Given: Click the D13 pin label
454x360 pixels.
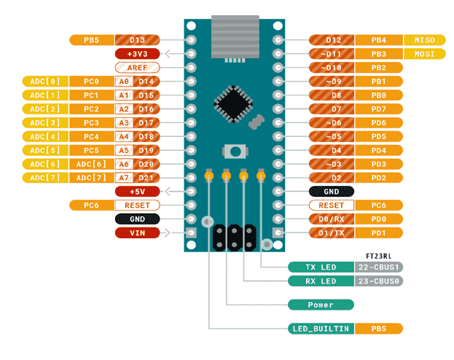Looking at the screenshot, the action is [x=137, y=40].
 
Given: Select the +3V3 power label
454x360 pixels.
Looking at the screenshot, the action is [x=137, y=54].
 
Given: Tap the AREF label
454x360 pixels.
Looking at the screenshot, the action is [x=137, y=68].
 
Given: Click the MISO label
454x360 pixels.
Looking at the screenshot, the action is [x=424, y=40].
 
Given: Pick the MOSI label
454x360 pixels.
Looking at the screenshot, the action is [x=424, y=54].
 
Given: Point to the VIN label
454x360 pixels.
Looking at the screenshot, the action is [x=137, y=233].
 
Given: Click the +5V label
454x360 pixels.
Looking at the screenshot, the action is [x=137, y=192].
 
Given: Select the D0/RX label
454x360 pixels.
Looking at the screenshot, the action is [x=332, y=219].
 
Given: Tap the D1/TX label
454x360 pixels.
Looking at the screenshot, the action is [x=332, y=233].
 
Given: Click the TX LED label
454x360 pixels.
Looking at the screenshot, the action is [x=321, y=267].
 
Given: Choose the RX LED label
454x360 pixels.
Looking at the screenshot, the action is [x=321, y=281].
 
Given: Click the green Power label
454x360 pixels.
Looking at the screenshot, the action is [x=321, y=305].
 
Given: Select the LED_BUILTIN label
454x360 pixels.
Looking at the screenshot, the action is [x=321, y=329].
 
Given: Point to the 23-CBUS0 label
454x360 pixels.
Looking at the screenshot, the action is [x=379, y=281].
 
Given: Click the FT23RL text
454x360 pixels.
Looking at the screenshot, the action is [x=379, y=257].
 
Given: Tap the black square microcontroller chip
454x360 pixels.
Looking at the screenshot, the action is [x=233, y=103].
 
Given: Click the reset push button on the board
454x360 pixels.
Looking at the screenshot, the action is [x=235, y=151].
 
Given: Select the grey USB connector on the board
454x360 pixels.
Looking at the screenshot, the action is [x=235, y=37].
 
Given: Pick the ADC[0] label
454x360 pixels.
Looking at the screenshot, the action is [x=45, y=82].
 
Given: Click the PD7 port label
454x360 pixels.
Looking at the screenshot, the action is [x=379, y=109].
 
